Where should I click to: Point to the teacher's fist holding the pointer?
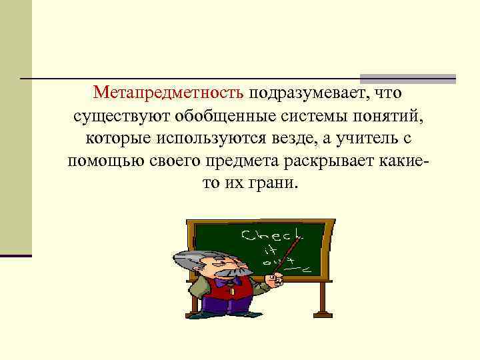pos(273,279)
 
